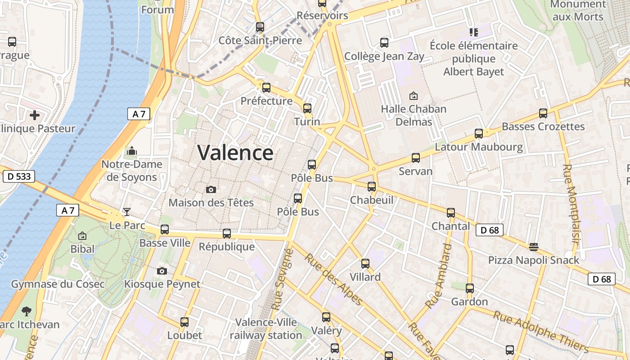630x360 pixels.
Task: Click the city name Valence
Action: [235, 153]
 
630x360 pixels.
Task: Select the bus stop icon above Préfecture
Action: [266, 87]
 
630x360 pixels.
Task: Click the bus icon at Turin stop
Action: [307, 108]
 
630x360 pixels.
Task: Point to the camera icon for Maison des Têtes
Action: [211, 189]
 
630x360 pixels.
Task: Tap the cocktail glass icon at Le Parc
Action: [127, 211]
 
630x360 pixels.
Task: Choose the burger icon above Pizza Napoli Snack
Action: [534, 247]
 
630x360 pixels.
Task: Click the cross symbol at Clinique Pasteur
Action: [35, 115]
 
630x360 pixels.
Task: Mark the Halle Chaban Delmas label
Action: [414, 115]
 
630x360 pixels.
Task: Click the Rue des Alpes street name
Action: [333, 279]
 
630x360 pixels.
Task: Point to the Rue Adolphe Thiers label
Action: [540, 331]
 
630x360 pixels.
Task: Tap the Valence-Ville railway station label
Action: [266, 329]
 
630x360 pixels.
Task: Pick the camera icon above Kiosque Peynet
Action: [162, 271]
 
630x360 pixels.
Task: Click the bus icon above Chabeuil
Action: [372, 186]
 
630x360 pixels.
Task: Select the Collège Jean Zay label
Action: [384, 57]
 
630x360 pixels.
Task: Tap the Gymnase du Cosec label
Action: [58, 284]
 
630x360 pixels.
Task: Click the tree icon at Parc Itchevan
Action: [27, 311]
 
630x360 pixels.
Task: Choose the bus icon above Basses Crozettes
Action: [543, 113]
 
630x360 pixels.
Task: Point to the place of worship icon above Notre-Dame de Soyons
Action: [132, 151]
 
